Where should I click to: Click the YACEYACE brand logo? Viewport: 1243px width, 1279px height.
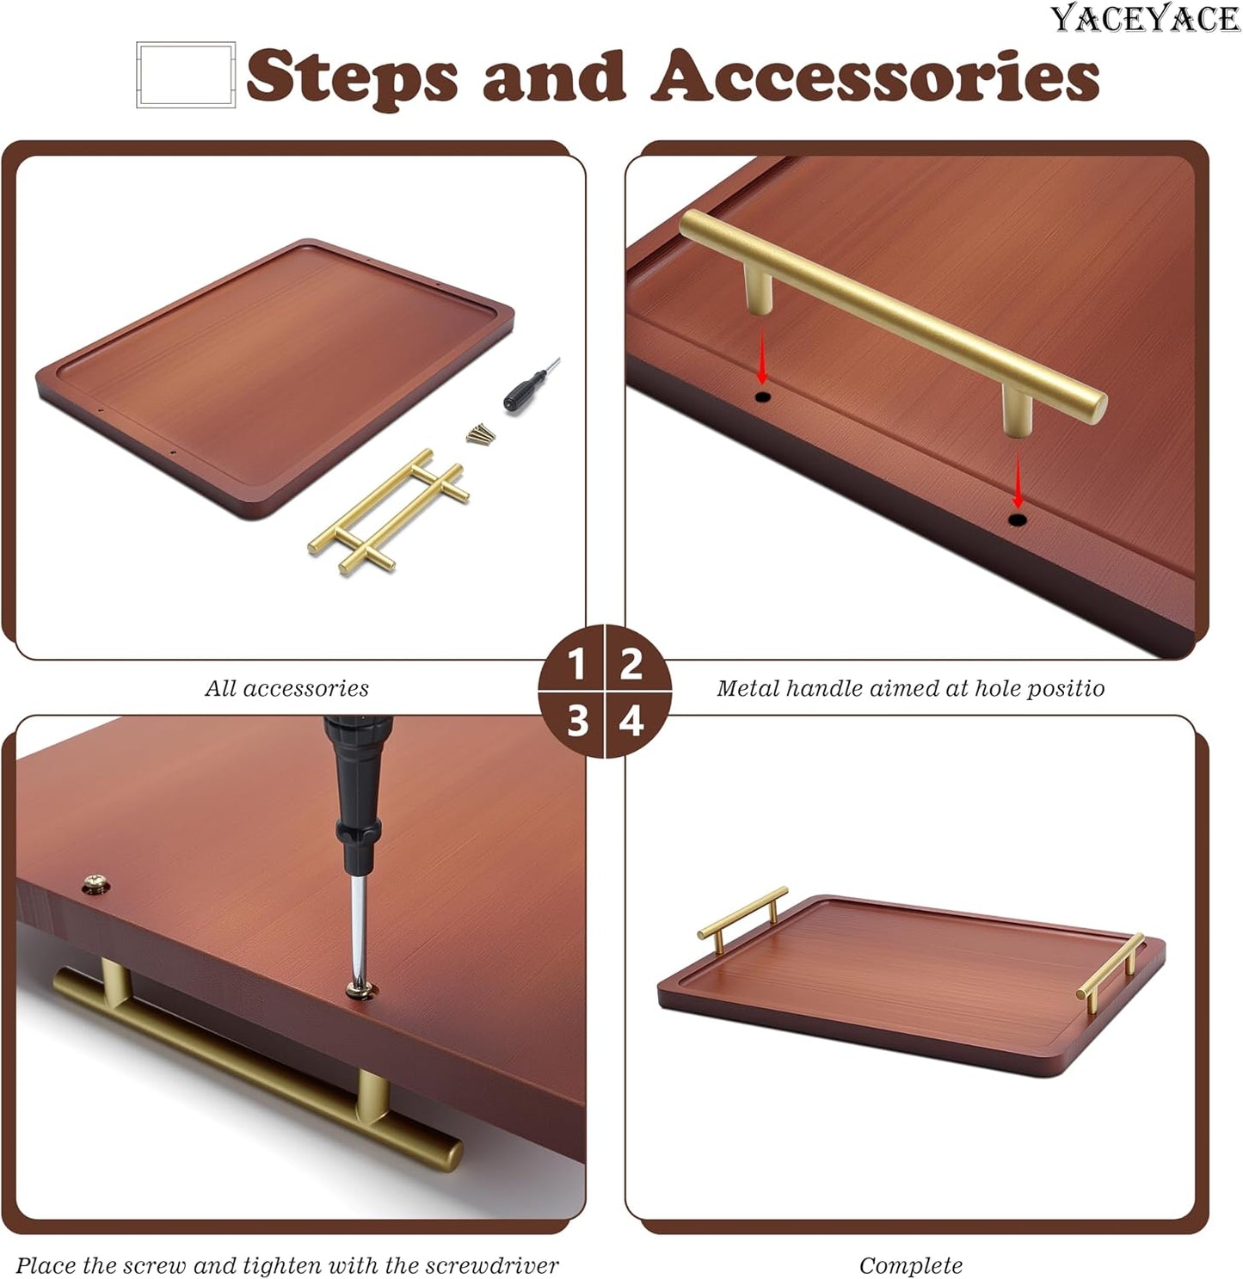[1146, 18]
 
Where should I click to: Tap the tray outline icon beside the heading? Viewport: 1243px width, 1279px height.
[186, 74]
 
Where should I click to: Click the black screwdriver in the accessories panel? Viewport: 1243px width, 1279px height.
[531, 387]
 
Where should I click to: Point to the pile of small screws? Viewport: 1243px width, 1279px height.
[481, 434]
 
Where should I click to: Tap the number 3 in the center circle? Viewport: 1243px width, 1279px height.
[577, 722]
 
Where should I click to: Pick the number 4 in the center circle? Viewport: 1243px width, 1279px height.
[631, 722]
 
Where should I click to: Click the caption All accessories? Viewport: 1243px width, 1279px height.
[286, 688]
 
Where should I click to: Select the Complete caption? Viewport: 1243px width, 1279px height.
[910, 1265]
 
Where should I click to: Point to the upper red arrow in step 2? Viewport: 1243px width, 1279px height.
[762, 355]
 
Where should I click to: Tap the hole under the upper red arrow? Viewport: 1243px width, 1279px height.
[762, 397]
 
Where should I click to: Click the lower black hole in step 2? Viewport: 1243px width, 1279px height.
[1017, 520]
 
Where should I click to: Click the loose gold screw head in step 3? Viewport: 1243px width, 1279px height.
[96, 882]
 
